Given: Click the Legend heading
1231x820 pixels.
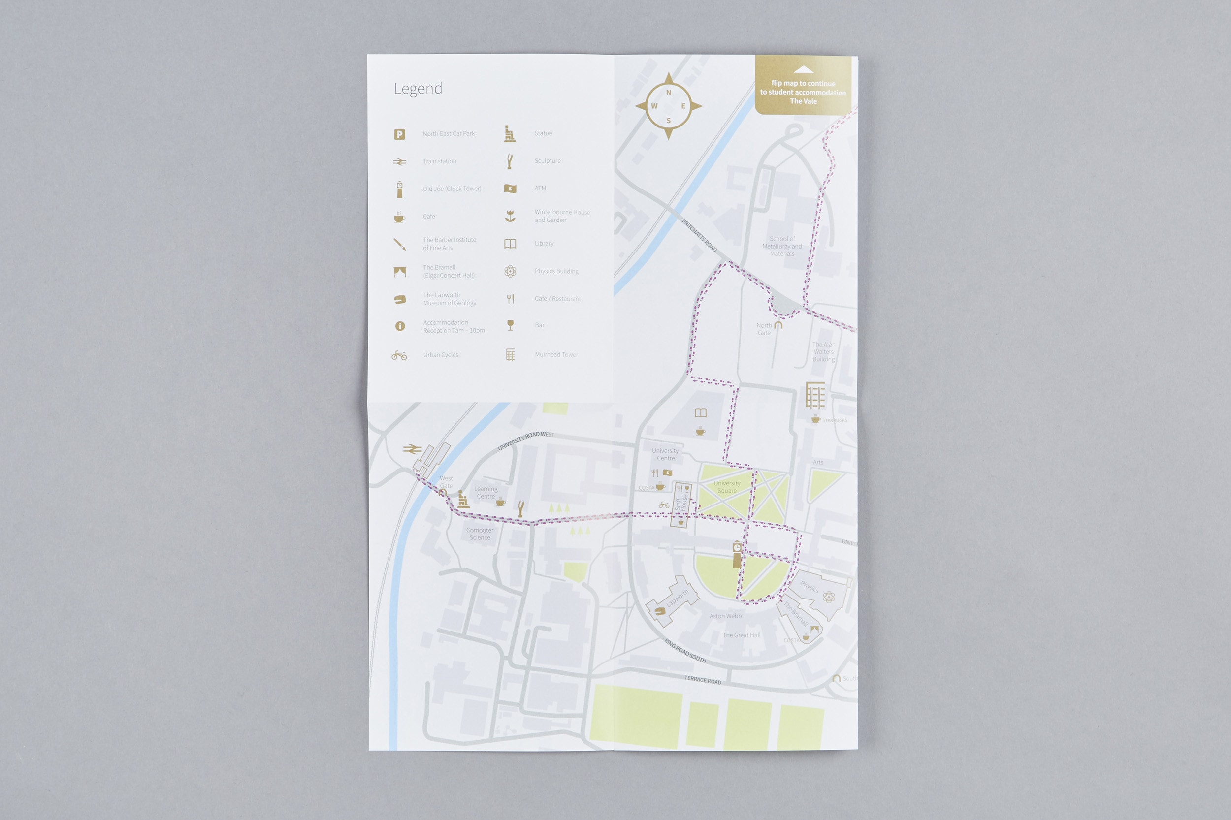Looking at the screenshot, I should [x=418, y=89].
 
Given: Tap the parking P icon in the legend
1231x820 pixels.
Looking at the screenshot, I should [x=399, y=134].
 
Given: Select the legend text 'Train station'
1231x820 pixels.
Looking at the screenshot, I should [x=439, y=161].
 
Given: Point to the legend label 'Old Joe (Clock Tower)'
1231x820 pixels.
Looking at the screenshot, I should [x=452, y=189].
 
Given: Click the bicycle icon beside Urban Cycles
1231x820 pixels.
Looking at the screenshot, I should [x=399, y=355].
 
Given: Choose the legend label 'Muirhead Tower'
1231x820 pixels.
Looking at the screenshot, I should [x=556, y=354].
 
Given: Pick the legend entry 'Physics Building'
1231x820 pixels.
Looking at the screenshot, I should [x=556, y=271].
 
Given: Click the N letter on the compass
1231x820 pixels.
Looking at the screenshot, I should [x=668, y=93].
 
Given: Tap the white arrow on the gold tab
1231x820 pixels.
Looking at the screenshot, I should [x=803, y=70].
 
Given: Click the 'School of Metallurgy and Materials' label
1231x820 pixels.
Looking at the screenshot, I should [x=781, y=246].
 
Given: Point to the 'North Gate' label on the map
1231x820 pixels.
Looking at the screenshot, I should [x=764, y=329].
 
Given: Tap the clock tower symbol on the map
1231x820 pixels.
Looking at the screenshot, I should [x=737, y=554].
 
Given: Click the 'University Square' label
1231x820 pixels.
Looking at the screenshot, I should [x=727, y=487].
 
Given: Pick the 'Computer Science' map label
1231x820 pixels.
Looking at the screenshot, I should [x=480, y=534].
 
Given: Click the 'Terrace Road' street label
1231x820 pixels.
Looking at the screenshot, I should [x=703, y=680].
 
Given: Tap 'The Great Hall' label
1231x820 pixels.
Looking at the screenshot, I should [x=742, y=635].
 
